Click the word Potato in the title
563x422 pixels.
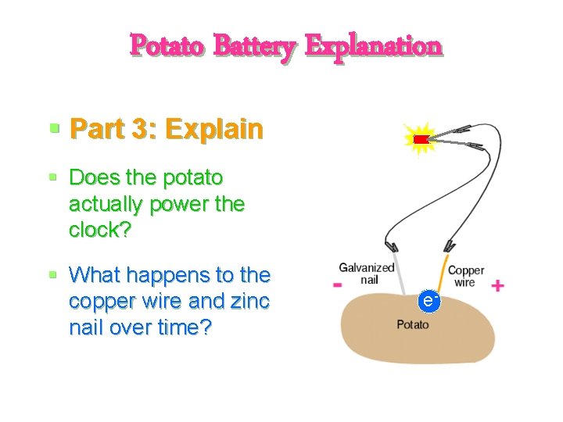[x=167, y=45]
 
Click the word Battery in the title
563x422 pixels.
[x=254, y=45]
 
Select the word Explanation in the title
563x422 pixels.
[x=374, y=45]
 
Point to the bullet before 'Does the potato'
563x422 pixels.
[x=54, y=177]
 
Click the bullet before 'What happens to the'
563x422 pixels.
[x=54, y=275]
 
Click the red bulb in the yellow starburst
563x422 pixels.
[x=421, y=139]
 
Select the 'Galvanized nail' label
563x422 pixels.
[x=367, y=274]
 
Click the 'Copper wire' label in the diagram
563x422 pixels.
[x=466, y=276]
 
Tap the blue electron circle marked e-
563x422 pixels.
[x=428, y=300]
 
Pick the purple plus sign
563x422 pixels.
[x=497, y=286]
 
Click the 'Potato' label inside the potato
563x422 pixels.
[x=412, y=324]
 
